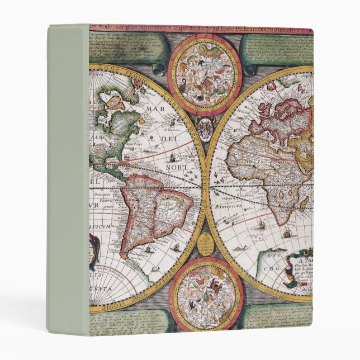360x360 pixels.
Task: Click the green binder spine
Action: (67, 179)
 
